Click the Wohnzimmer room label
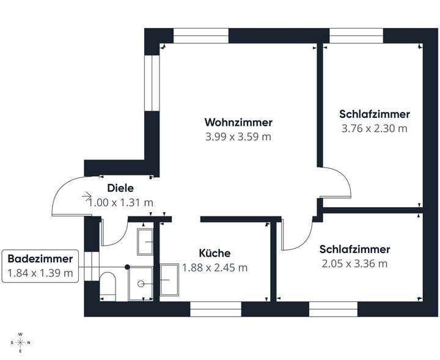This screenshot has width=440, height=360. (238, 122)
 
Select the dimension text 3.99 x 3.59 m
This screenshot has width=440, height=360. (238, 136)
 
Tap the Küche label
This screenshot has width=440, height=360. (215, 253)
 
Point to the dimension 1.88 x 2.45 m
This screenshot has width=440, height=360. (215, 267)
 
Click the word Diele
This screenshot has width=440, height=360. (120, 188)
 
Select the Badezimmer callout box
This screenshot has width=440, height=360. (41, 266)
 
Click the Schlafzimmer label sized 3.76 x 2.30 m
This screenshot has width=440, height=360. (374, 114)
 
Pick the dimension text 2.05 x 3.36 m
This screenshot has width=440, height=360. (354, 263)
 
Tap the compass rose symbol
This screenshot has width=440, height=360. (20, 342)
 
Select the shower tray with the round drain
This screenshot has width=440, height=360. (141, 283)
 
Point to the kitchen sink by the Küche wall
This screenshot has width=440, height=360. (169, 280)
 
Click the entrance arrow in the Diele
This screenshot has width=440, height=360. (87, 197)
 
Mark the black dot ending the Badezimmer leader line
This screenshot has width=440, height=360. (127, 266)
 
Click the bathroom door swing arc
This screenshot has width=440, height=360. (111, 235)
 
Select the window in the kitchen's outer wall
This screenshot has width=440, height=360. (216, 311)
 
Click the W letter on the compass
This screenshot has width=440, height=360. (20, 334)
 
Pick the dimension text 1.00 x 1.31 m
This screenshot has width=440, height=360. (121, 202)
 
